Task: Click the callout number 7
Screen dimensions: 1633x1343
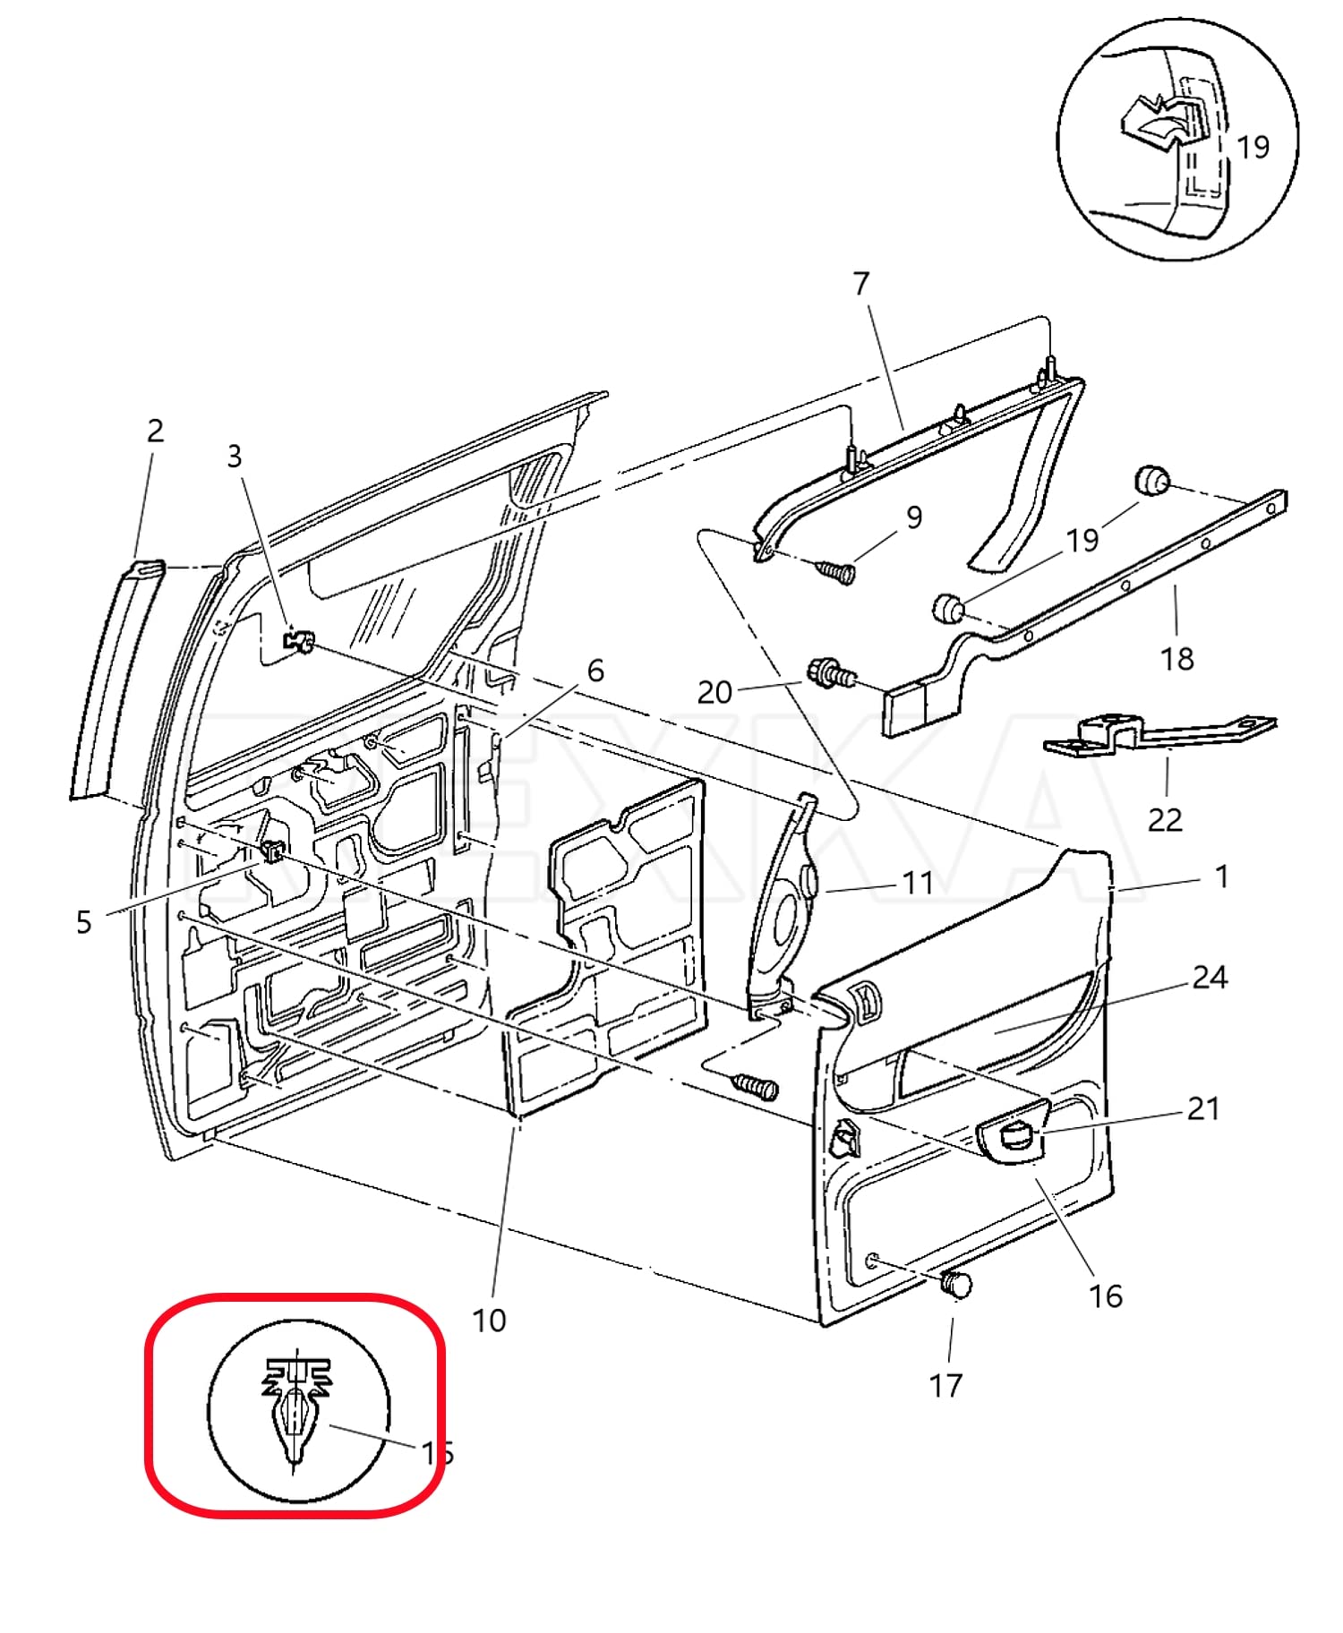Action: tap(861, 284)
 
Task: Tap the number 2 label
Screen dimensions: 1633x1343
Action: tap(155, 431)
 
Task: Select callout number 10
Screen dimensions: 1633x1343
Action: tap(489, 1320)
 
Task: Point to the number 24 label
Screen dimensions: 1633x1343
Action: tap(1209, 977)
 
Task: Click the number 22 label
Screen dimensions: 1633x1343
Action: tap(1165, 819)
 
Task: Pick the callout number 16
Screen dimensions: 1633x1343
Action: tap(1105, 1295)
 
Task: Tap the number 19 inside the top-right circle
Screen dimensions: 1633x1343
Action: tap(1253, 147)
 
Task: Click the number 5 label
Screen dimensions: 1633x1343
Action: tap(83, 922)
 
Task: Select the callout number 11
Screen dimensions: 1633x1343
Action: tap(918, 883)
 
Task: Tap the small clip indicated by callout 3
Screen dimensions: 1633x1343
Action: tap(299, 641)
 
